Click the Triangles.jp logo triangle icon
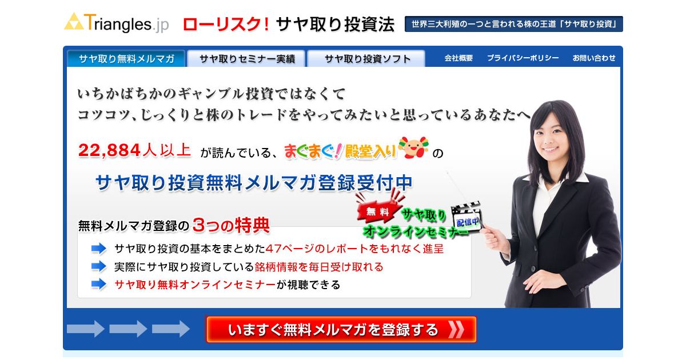(x=74, y=22)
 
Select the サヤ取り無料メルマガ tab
(x=126, y=58)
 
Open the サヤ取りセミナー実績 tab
(x=247, y=58)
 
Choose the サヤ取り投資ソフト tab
(x=366, y=58)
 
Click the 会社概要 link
(x=458, y=58)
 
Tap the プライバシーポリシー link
(x=523, y=58)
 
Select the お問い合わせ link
(x=594, y=58)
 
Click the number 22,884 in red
(x=109, y=150)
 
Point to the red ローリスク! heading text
(x=226, y=25)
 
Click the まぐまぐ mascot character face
(x=413, y=147)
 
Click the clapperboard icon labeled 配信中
(x=466, y=217)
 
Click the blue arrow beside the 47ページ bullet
(x=98, y=249)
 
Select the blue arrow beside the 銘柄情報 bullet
(x=98, y=266)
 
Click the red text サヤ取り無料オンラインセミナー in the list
(x=195, y=285)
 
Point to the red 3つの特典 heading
(x=231, y=225)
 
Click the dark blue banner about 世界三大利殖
(x=513, y=24)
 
